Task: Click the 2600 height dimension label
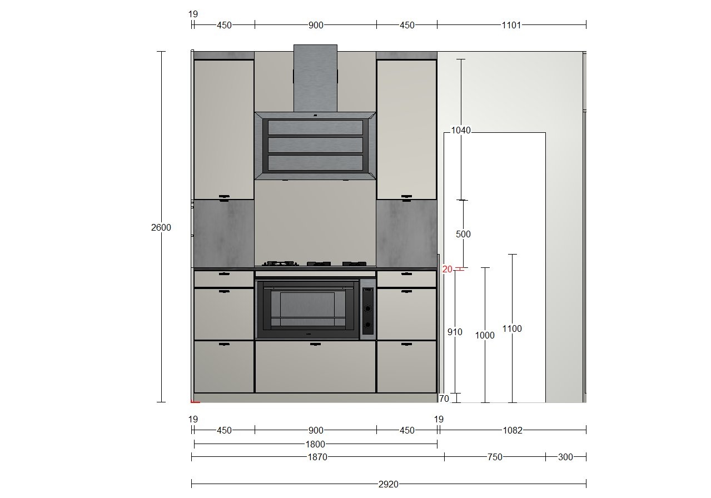161,227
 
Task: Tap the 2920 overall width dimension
388,484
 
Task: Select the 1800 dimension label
315,444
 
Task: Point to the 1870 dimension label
317,457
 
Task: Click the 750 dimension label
495,457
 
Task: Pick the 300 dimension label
565,457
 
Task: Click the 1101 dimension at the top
511,25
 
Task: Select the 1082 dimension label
513,430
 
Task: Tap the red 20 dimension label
448,269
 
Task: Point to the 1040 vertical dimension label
461,130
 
